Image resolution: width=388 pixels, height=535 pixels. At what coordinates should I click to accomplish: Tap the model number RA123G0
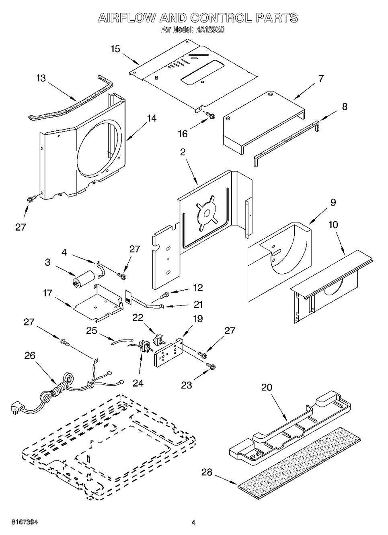pyautogui.click(x=209, y=29)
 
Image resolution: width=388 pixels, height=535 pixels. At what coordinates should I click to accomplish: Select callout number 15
pyautogui.click(x=115, y=49)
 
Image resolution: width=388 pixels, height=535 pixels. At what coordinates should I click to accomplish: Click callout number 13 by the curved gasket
pyautogui.click(x=41, y=78)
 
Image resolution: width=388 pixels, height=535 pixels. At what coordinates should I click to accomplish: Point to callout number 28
pyautogui.click(x=207, y=472)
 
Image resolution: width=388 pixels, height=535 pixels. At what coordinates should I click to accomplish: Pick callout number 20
pyautogui.click(x=267, y=387)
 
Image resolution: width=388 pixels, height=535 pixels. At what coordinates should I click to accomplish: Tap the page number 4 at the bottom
pyautogui.click(x=193, y=523)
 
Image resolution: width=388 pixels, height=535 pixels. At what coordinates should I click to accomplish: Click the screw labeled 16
pyautogui.click(x=209, y=116)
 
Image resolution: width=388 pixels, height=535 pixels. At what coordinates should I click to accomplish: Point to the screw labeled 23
pyautogui.click(x=210, y=366)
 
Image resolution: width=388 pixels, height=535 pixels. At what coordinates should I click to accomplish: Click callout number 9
pyautogui.click(x=333, y=203)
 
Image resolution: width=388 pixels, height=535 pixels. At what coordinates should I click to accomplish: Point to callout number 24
pyautogui.click(x=138, y=383)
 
